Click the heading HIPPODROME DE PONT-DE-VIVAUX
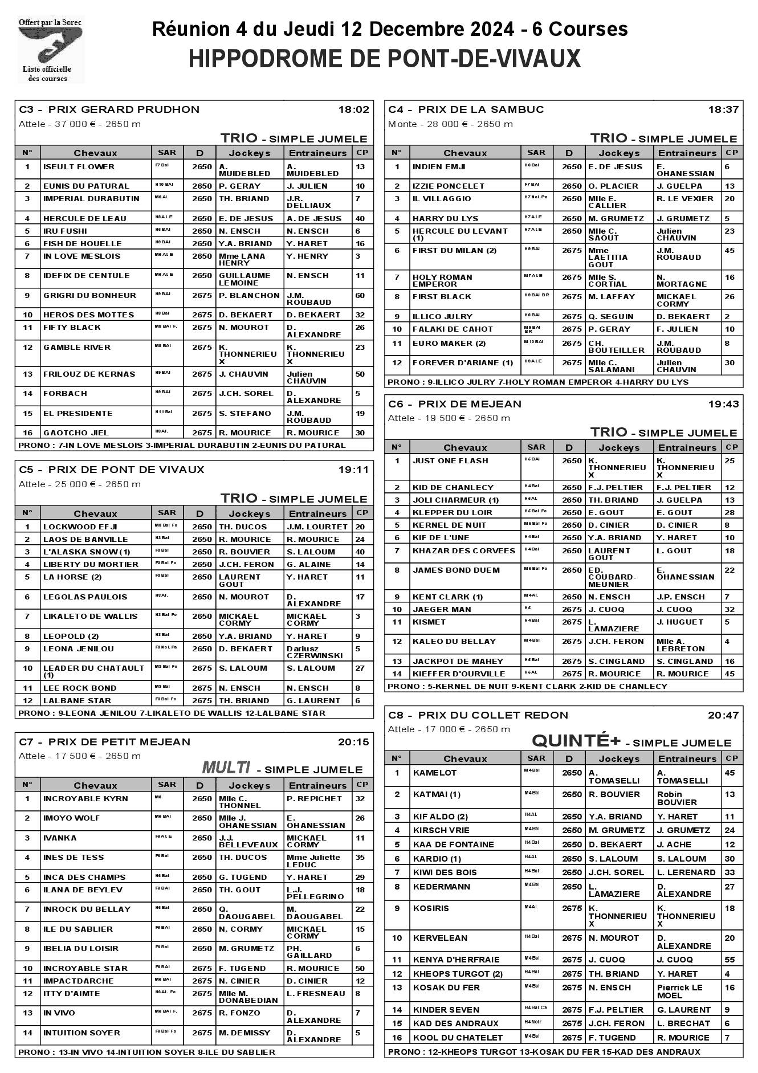point(385,59)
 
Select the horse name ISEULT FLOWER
point(79,167)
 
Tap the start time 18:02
point(354,109)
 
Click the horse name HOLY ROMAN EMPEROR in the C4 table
point(442,280)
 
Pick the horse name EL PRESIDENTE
point(78,414)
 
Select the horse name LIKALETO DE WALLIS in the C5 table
point(90,617)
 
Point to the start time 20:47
point(723,715)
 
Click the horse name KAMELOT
point(435,773)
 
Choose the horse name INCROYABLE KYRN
point(85,799)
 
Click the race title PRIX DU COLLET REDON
point(493,715)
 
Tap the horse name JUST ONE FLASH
point(450,461)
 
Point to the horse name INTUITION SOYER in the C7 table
point(81,1033)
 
